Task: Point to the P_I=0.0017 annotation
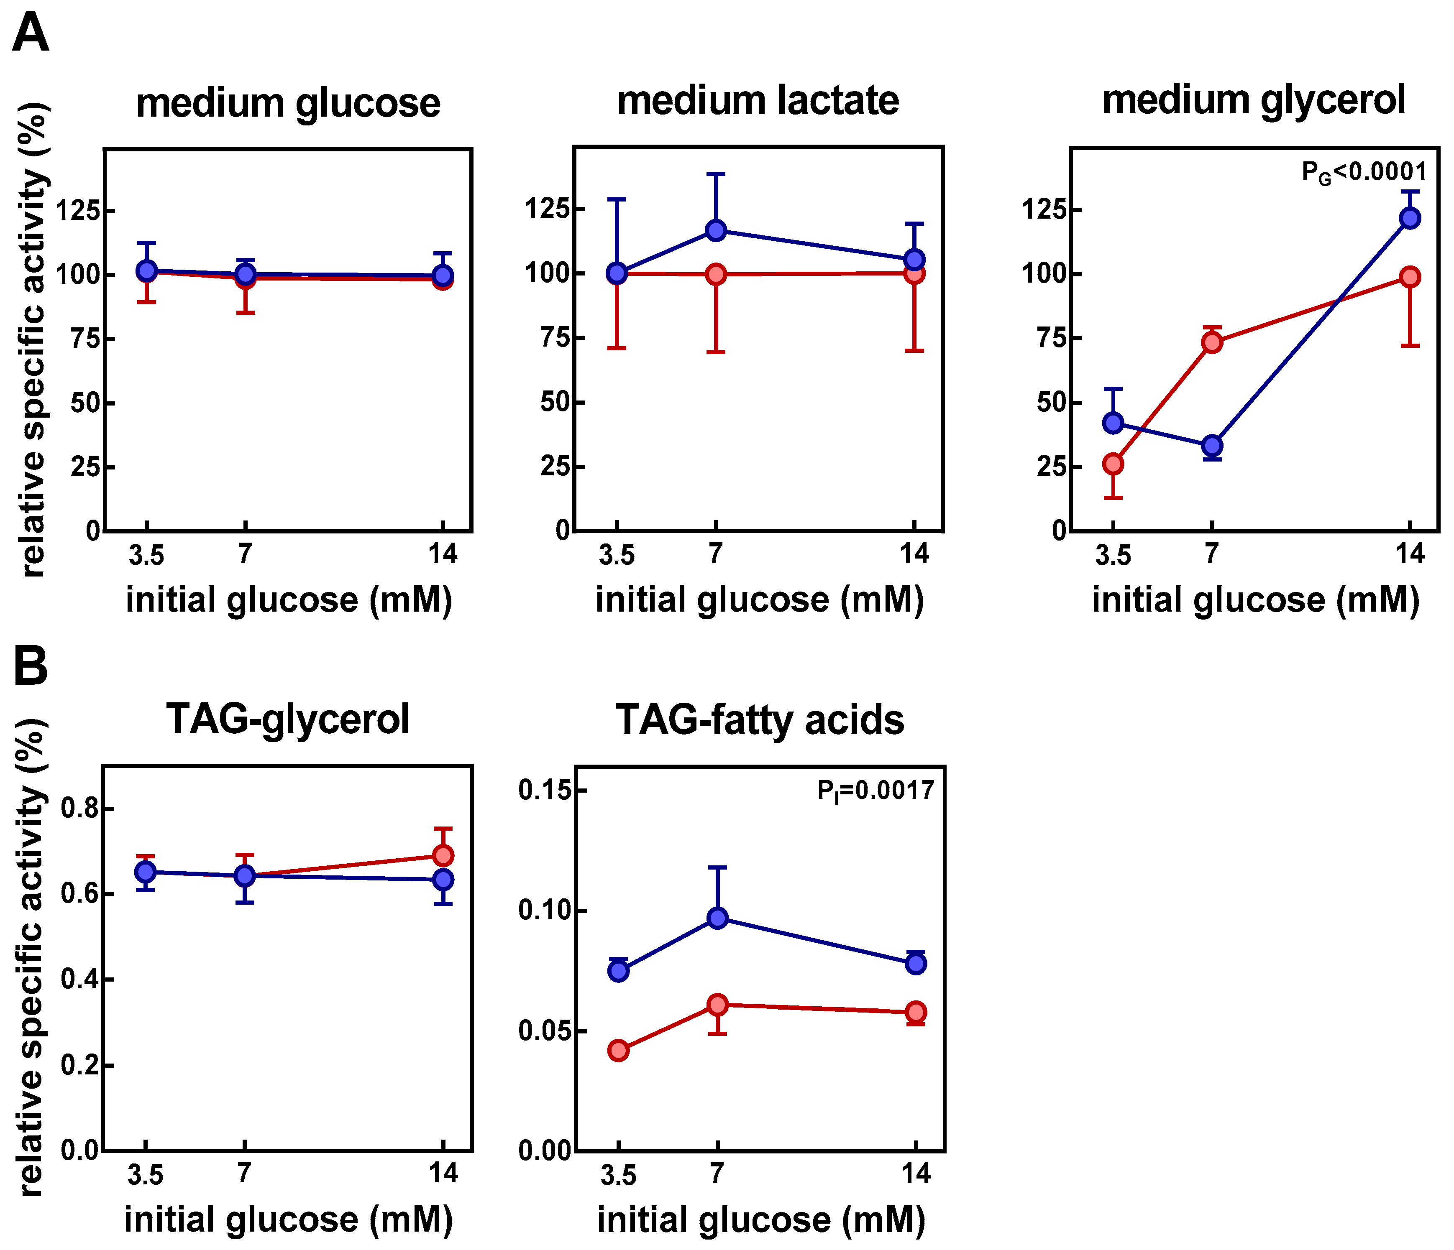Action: pos(875,791)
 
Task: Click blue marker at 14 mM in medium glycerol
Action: pos(1410,218)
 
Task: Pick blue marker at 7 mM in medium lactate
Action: pos(716,230)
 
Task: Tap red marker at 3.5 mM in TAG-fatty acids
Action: pos(618,1051)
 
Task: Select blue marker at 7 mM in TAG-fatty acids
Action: pos(717,918)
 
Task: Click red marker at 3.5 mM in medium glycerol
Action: pos(1113,464)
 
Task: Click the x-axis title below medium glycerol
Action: pos(1255,600)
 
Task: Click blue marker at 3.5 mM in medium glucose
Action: pos(147,270)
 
